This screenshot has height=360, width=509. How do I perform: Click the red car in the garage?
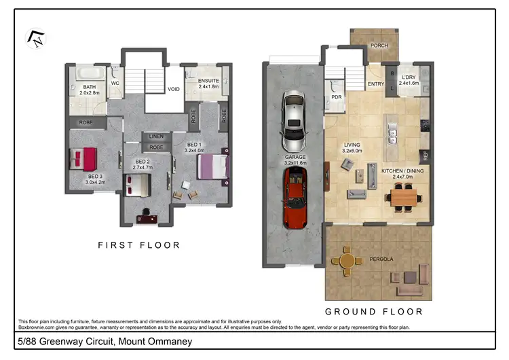[x=295, y=196]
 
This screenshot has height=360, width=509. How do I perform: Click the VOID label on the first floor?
[x=174, y=89]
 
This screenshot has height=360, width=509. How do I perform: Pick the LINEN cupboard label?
[x=156, y=137]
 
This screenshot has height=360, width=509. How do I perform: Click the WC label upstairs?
[x=115, y=85]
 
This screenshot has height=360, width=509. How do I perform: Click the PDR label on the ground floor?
[x=336, y=97]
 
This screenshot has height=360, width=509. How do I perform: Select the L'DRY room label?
[x=409, y=77]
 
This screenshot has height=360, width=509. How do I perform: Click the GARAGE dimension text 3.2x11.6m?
[x=295, y=163]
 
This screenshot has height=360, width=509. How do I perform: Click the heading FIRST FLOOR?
[x=139, y=245]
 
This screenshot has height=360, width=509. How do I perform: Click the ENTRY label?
[x=375, y=84]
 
